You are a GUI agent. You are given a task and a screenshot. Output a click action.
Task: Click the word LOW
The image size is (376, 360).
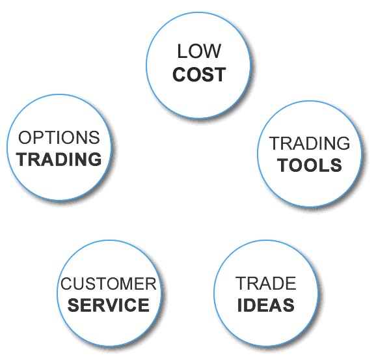199,51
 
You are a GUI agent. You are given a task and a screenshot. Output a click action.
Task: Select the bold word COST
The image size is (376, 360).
199,74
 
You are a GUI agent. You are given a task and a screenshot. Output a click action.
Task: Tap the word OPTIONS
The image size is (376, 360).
59,137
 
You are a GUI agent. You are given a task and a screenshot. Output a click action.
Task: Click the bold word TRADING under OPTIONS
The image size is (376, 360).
59,159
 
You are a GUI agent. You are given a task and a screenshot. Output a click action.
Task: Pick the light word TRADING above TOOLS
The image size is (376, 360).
310,143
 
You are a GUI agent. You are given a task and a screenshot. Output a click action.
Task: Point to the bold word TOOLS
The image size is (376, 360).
310,165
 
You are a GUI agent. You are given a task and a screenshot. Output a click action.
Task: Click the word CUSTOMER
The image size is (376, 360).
109,284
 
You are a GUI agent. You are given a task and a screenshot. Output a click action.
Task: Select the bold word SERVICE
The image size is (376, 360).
109,305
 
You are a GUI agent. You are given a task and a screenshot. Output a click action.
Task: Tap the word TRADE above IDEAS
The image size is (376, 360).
265,283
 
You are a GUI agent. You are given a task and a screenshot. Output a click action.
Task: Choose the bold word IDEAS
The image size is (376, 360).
265,305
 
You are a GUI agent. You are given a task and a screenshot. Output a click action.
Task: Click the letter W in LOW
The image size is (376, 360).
211,51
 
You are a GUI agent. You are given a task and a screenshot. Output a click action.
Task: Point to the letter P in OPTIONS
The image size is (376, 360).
36,137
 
